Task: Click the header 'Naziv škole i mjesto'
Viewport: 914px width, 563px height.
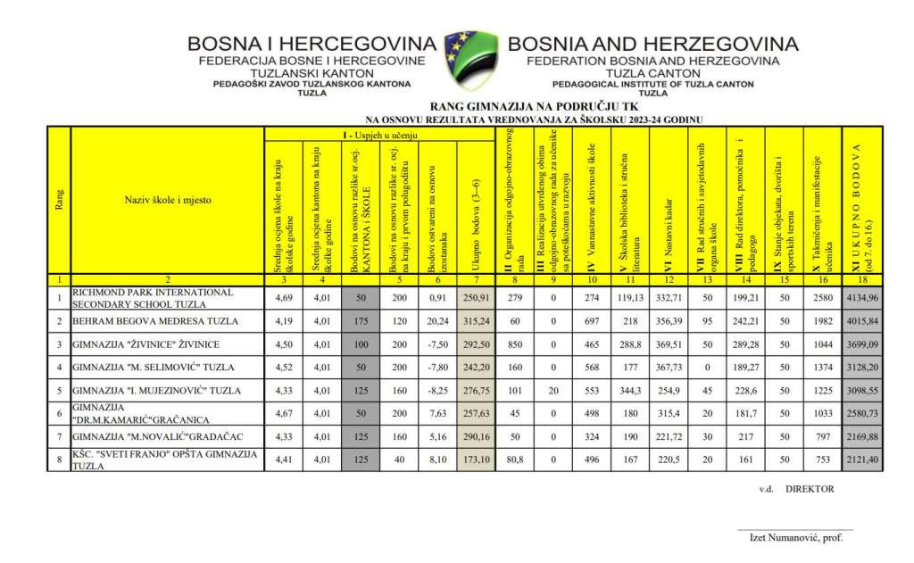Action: [x=167, y=201]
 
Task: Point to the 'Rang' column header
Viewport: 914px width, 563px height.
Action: [x=59, y=201]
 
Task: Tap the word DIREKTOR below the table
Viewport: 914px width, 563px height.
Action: [x=810, y=490]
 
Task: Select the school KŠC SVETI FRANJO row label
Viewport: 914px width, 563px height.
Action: [x=165, y=460]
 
